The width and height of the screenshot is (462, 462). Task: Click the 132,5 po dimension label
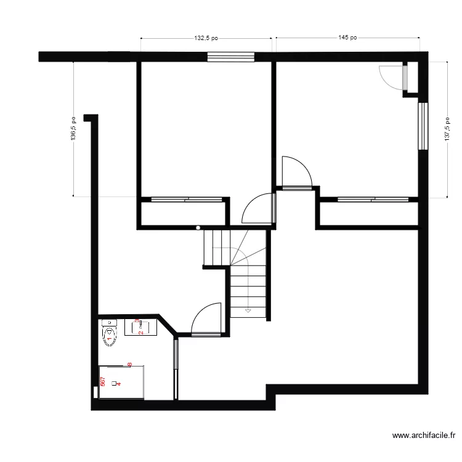coord(206,38)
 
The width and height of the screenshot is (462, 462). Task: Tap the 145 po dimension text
coord(347,38)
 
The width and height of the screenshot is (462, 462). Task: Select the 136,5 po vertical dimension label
coord(73,129)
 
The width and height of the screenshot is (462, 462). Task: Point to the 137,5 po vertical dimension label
coord(447,129)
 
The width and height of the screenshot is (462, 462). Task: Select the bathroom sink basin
coord(140,326)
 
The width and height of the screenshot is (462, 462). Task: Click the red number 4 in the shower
coord(119,383)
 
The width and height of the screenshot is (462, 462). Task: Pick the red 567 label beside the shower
coord(103,383)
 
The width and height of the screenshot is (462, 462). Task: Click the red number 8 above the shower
coord(129,365)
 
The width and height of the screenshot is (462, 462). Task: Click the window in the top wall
coord(231,57)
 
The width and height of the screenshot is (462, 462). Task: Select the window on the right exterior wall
coord(423,126)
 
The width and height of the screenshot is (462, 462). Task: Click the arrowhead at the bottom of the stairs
coord(248,311)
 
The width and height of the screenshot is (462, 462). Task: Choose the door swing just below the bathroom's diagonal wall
coord(206,320)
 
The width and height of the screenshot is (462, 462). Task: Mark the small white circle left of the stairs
coord(198,228)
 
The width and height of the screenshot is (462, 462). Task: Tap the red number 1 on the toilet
coord(109,338)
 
